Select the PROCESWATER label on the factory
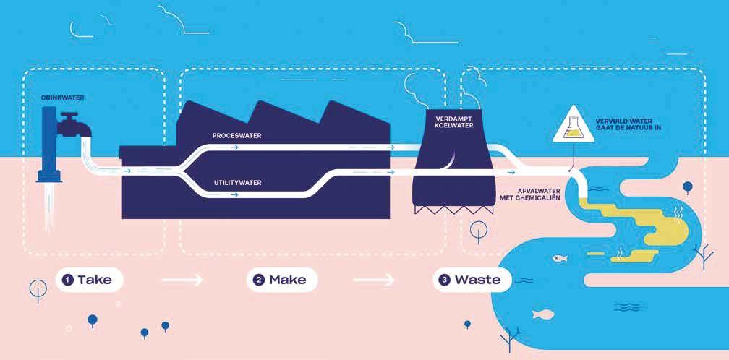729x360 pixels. [237, 135]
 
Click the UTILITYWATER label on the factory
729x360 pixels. [237, 183]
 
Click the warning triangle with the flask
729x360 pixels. [572, 126]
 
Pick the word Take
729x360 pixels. [95, 280]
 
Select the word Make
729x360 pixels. [288, 280]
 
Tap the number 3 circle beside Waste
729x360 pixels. [445, 280]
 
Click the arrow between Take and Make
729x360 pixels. [182, 280]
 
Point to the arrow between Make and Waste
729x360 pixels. [374, 280]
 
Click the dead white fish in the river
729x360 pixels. [558, 257]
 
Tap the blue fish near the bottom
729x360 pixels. [542, 314]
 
